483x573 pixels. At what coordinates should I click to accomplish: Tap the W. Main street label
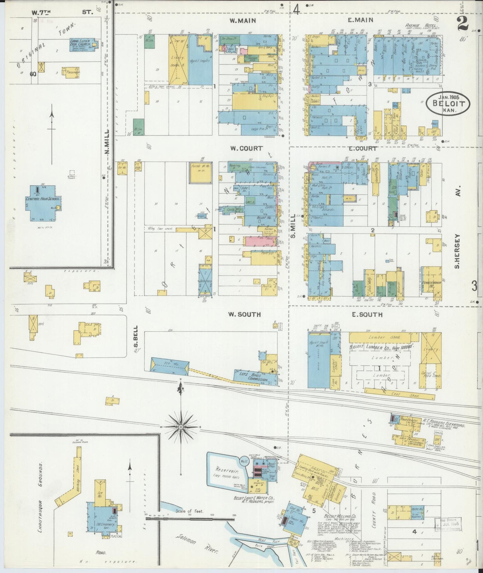[242, 21]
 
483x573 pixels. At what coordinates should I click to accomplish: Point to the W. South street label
[244, 315]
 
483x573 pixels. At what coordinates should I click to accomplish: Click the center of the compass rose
[181, 427]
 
